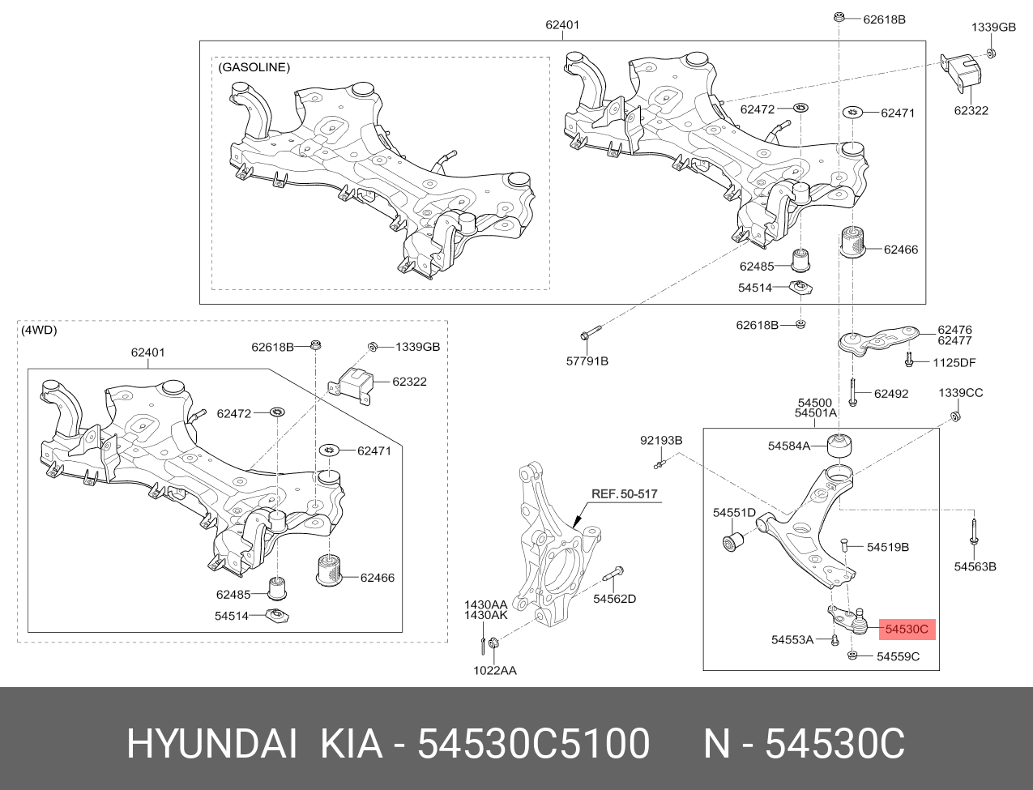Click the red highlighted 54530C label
coord(907,628)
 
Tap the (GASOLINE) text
coord(254,67)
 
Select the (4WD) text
coord(40,330)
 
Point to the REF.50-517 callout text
coord(625,493)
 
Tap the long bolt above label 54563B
coord(972,534)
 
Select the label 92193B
coord(661,440)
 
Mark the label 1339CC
coord(960,393)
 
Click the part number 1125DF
coord(954,362)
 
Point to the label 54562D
coord(614,599)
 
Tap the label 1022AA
coord(495,670)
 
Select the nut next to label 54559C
coord(852,655)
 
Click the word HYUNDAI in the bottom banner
coord(211,744)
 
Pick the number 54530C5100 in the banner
coord(532,744)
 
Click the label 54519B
coord(887,547)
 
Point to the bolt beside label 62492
coord(853,393)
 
